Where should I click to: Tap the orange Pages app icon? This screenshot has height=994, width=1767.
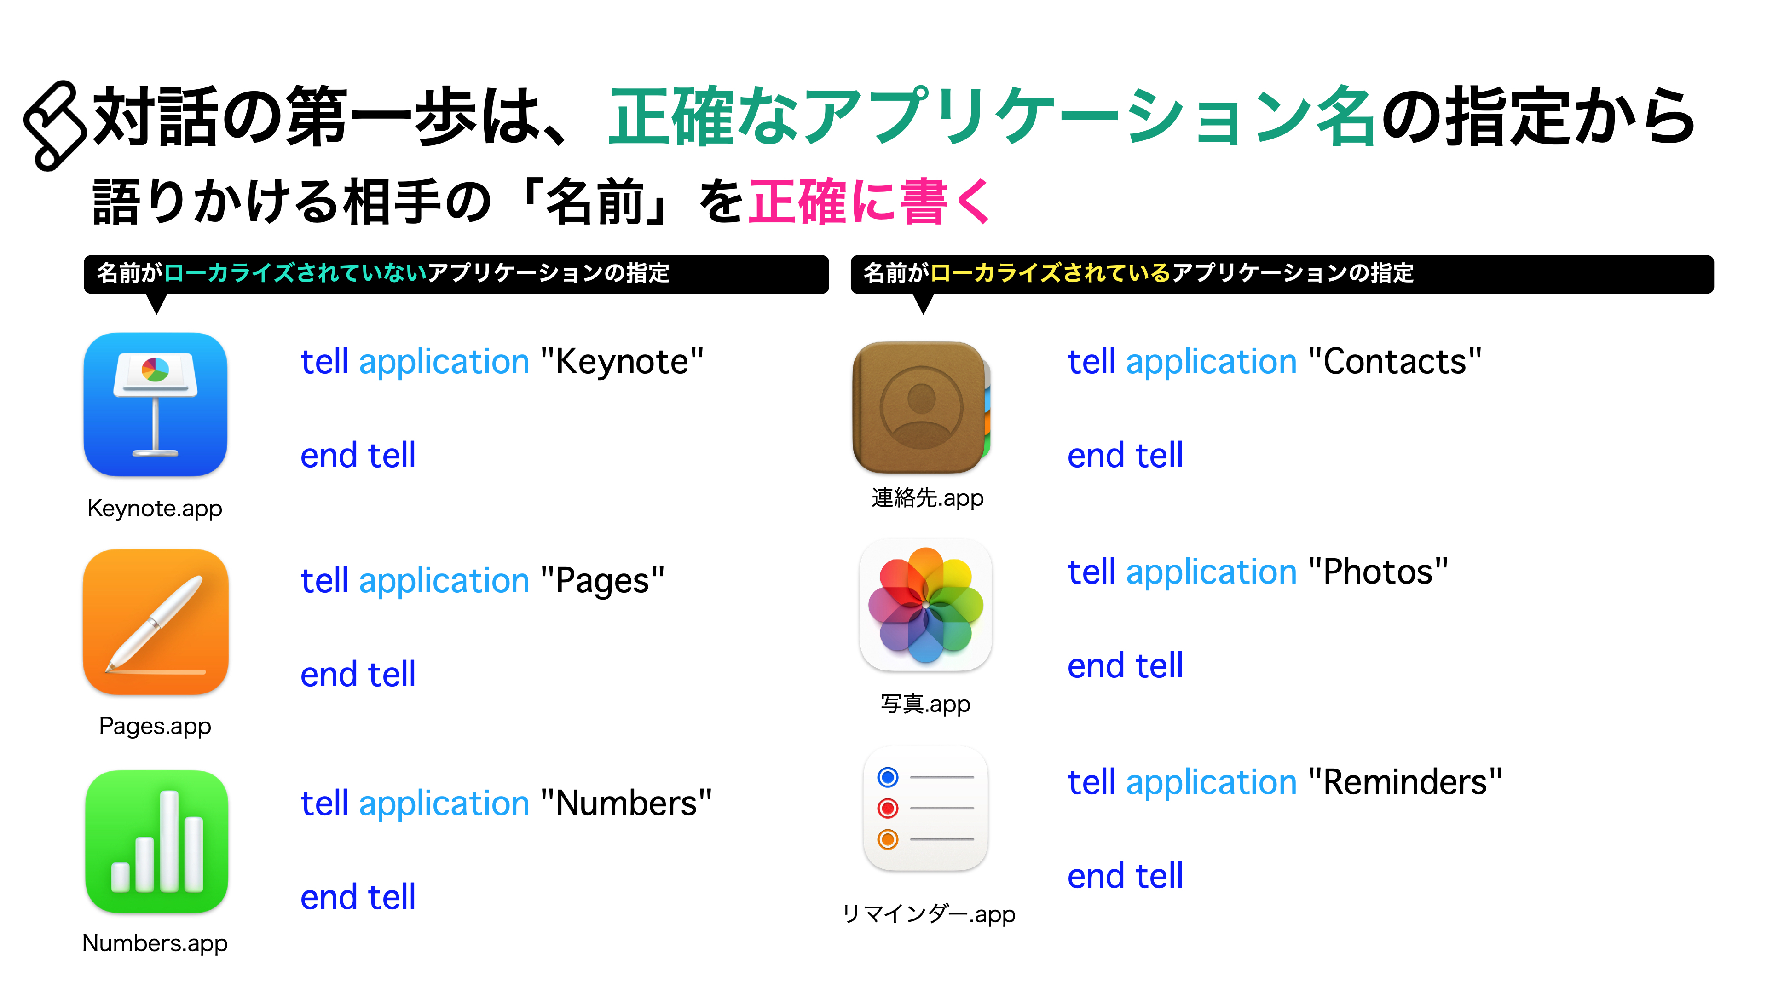click(156, 622)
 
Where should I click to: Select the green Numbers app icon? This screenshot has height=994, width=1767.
click(156, 841)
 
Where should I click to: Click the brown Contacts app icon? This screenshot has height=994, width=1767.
click(921, 407)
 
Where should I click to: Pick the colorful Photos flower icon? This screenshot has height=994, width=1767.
click(925, 606)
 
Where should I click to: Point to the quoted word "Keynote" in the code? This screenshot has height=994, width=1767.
click(622, 362)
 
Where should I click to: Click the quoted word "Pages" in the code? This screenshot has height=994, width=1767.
click(602, 581)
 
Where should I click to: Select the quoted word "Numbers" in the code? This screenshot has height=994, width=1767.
click(626, 803)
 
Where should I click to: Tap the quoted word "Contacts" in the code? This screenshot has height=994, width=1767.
click(1395, 362)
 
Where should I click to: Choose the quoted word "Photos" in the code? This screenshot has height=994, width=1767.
click(1378, 572)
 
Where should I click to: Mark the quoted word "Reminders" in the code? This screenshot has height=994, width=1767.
click(1405, 782)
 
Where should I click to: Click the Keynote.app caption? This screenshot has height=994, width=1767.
click(155, 509)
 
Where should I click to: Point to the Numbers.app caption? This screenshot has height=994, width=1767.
click(155, 943)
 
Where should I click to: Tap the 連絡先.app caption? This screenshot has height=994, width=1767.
click(927, 498)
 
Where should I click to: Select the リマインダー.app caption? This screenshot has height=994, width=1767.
click(928, 914)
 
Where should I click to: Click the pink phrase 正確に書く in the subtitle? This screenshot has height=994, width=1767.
click(870, 202)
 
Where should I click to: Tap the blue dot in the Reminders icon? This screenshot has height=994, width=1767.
click(888, 777)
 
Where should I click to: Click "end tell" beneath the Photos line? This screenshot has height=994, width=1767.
click(1125, 665)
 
